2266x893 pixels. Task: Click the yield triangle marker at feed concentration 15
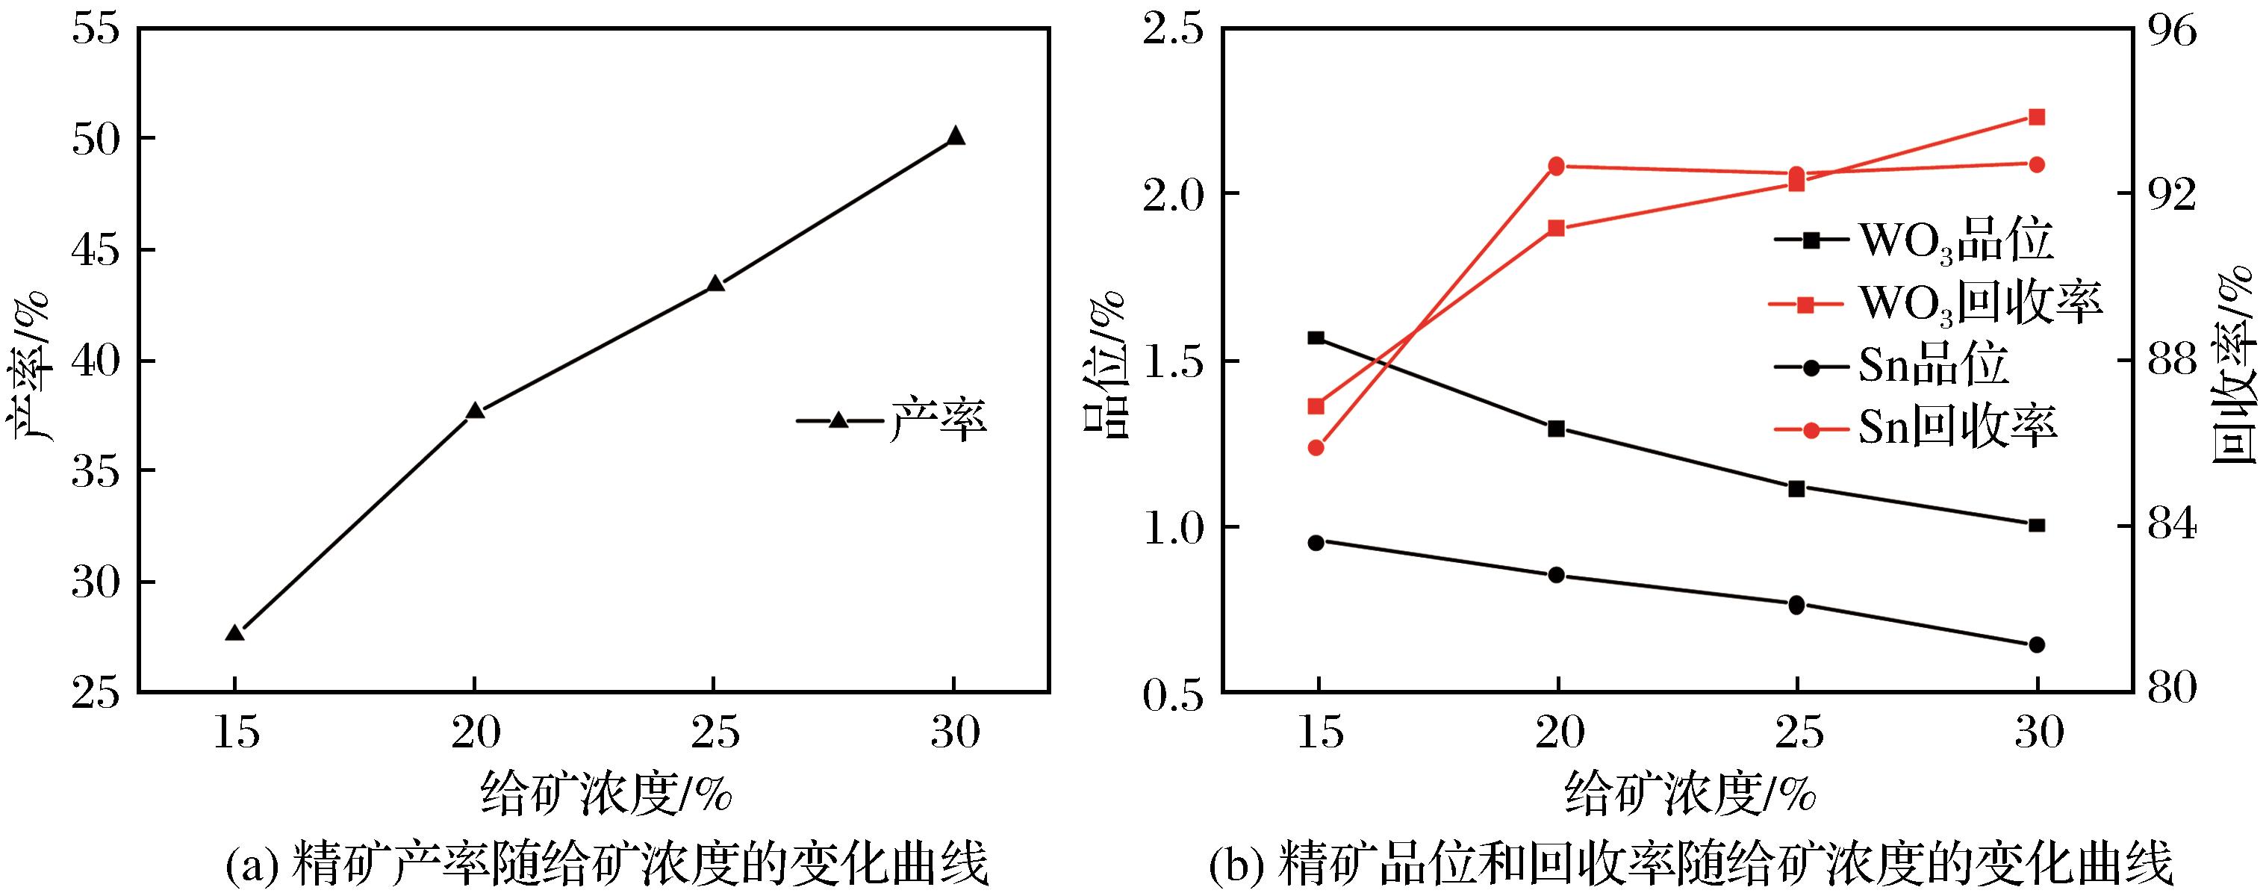[x=234, y=633]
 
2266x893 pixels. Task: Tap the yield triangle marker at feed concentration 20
[x=475, y=411]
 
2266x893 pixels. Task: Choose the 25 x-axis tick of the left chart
[x=715, y=732]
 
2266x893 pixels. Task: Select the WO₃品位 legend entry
[x=1914, y=240]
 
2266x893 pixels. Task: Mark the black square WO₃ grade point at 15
[x=1316, y=337]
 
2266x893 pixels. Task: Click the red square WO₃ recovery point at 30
[x=2036, y=117]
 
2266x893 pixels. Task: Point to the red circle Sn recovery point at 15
[x=1316, y=448]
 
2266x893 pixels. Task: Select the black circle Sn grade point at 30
[x=2036, y=645]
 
